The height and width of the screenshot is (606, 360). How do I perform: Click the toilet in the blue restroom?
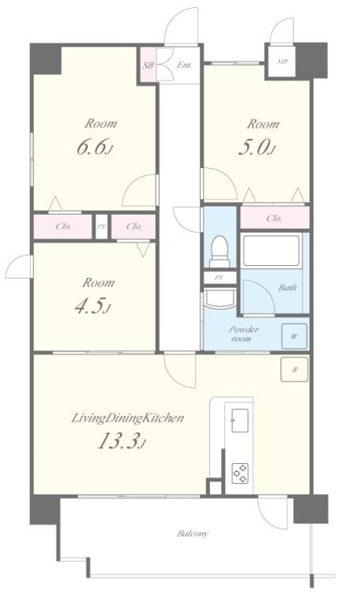[219, 250]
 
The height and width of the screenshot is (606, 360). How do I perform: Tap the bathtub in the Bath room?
[271, 251]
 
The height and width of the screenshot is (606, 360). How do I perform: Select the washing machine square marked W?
[294, 336]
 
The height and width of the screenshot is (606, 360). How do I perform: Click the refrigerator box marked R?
[294, 369]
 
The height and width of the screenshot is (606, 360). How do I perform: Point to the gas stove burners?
[240, 473]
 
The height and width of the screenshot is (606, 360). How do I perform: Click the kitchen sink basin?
[240, 420]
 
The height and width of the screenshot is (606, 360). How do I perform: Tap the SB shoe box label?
[148, 65]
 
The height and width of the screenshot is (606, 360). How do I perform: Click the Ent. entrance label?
[184, 65]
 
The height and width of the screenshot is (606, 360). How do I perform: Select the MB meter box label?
[283, 61]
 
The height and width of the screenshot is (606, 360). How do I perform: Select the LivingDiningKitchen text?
[128, 418]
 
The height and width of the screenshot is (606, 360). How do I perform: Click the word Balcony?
[193, 533]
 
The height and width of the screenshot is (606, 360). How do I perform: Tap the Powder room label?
[243, 334]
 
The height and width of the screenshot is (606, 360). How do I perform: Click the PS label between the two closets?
[101, 226]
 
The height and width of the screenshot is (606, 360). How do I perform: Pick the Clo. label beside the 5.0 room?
[274, 219]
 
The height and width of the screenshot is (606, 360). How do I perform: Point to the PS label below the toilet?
[219, 278]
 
